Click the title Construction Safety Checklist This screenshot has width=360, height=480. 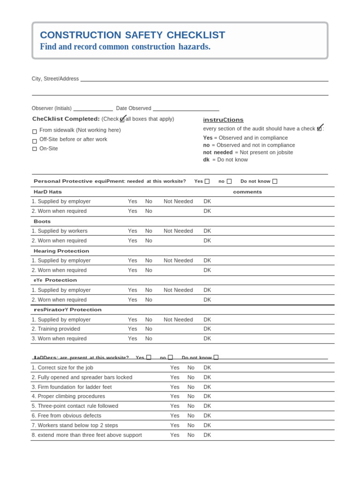click(132, 35)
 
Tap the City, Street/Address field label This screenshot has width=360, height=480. click(55, 79)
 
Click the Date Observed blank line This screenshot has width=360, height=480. click(186, 109)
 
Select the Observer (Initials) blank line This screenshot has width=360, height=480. click(93, 109)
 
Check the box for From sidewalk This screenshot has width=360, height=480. click(35, 132)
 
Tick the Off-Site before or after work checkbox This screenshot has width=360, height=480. click(35, 141)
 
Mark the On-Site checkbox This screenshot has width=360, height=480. click(35, 149)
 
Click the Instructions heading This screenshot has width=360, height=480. click(223, 120)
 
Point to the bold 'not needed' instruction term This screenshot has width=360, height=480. click(217, 152)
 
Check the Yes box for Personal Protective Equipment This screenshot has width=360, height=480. click(207, 181)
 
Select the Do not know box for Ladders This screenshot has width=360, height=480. click(216, 357)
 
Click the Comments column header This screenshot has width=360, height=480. click(247, 192)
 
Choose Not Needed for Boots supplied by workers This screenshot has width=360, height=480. click(178, 231)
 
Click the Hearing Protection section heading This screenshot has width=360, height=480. click(61, 251)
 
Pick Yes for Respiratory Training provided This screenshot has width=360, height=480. click(133, 329)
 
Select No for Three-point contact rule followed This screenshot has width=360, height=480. click(191, 406)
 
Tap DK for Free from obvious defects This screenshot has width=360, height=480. click(207, 416)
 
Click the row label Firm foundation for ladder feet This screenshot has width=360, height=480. click(72, 387)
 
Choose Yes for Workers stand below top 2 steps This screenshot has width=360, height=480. click(174, 425)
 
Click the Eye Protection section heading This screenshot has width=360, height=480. click(55, 280)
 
